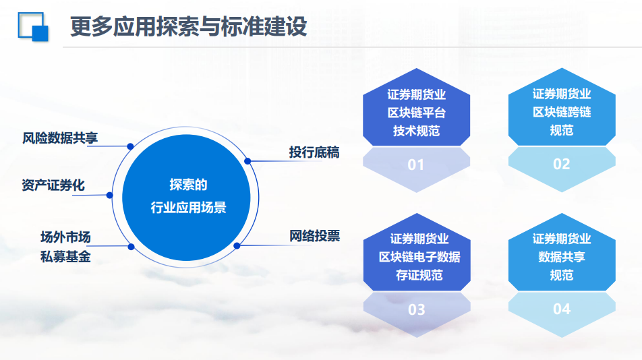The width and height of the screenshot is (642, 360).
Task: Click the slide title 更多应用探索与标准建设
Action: point(188,26)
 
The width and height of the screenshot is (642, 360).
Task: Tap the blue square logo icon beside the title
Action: point(33,27)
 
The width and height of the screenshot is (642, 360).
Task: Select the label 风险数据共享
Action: point(60,138)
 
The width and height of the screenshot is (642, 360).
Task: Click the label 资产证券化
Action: point(53,185)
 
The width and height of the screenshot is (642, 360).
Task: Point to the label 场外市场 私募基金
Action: point(65,247)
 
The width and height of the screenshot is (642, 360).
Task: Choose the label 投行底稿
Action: point(314,152)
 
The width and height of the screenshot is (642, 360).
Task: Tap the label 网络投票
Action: point(314,236)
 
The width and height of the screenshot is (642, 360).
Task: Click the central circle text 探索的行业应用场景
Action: point(188,196)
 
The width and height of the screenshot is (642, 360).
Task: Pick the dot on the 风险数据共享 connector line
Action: point(130,146)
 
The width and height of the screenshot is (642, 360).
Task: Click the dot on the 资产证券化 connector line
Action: point(110,195)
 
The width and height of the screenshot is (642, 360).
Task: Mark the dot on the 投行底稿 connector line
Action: point(247,161)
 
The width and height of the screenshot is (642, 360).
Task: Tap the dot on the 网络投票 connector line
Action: point(237,246)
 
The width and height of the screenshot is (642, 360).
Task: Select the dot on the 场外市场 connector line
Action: point(131,247)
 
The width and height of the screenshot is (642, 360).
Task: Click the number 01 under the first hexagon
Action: point(416,165)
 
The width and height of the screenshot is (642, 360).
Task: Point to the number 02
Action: point(561,164)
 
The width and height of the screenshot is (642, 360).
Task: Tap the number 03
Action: point(416,309)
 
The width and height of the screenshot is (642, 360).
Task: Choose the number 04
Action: point(562,309)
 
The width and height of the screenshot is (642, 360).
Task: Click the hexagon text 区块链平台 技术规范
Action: point(416,121)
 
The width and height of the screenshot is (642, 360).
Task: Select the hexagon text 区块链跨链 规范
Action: point(562,121)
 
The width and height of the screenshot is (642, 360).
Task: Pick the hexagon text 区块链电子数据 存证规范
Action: point(419,266)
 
